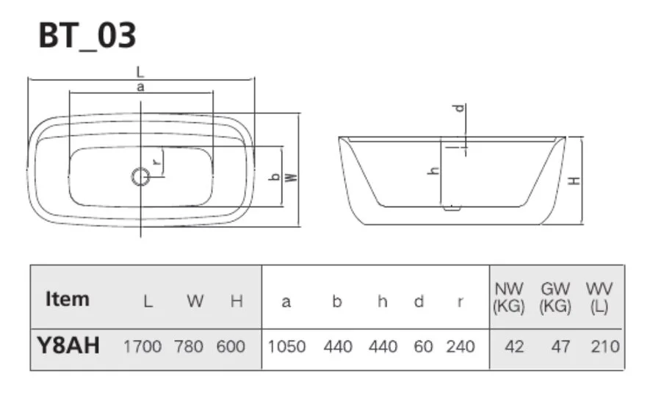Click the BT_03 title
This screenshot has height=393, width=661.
pyautogui.click(x=87, y=35)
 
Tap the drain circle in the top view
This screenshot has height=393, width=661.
pyautogui.click(x=140, y=176)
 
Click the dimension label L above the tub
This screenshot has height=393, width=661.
pyautogui.click(x=140, y=72)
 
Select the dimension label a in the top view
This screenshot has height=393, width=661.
pyautogui.click(x=140, y=87)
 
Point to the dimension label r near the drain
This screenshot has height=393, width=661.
pyautogui.click(x=155, y=162)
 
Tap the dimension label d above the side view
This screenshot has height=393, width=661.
pyautogui.click(x=460, y=109)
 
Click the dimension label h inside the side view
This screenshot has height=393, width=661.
pyautogui.click(x=433, y=170)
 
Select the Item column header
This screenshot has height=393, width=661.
pyautogui.click(x=68, y=300)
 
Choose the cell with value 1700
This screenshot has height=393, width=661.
pyautogui.click(x=142, y=347)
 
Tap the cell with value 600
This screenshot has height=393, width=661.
pyautogui.click(x=231, y=347)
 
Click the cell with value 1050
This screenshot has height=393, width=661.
pyautogui.click(x=286, y=347)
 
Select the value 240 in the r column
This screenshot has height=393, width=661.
pyautogui.click(x=460, y=347)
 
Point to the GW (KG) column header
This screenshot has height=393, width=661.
pyautogui.click(x=555, y=299)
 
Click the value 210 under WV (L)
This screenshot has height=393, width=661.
pyautogui.click(x=604, y=347)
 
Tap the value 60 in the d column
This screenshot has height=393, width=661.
pyautogui.click(x=423, y=347)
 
